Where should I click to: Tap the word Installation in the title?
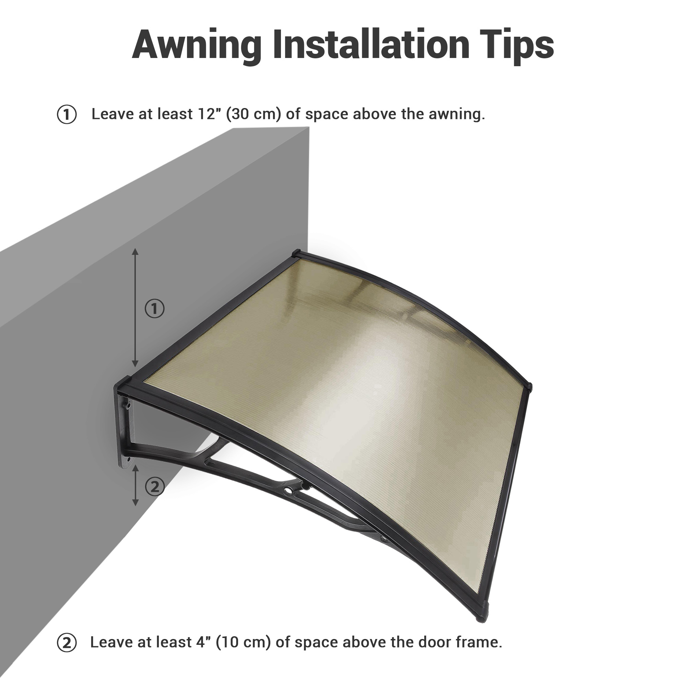coord(371,45)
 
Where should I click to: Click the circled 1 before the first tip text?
coord(67,115)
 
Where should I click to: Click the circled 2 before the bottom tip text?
coord(67,643)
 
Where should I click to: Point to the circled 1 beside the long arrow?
coord(154,309)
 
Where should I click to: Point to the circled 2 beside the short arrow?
coord(155,487)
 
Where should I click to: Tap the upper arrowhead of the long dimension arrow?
coord(135,251)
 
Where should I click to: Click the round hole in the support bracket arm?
coord(287,492)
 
